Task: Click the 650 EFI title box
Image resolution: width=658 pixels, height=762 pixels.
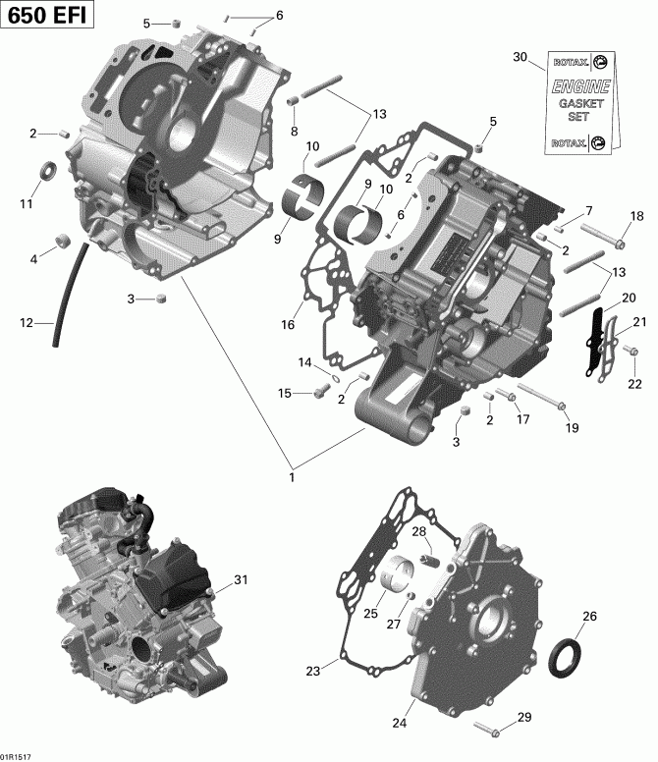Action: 48,18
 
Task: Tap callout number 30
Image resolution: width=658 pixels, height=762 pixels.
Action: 520,58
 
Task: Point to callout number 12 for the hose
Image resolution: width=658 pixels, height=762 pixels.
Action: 26,322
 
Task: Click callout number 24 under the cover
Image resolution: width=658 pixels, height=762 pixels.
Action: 399,724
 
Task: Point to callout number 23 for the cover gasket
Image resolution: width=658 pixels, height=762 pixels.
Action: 313,672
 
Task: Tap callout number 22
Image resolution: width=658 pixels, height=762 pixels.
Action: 633,383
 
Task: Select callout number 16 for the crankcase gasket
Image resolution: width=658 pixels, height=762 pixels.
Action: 289,325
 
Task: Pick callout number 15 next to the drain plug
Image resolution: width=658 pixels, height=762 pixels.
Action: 284,393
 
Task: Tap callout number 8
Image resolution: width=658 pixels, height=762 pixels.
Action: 293,132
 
